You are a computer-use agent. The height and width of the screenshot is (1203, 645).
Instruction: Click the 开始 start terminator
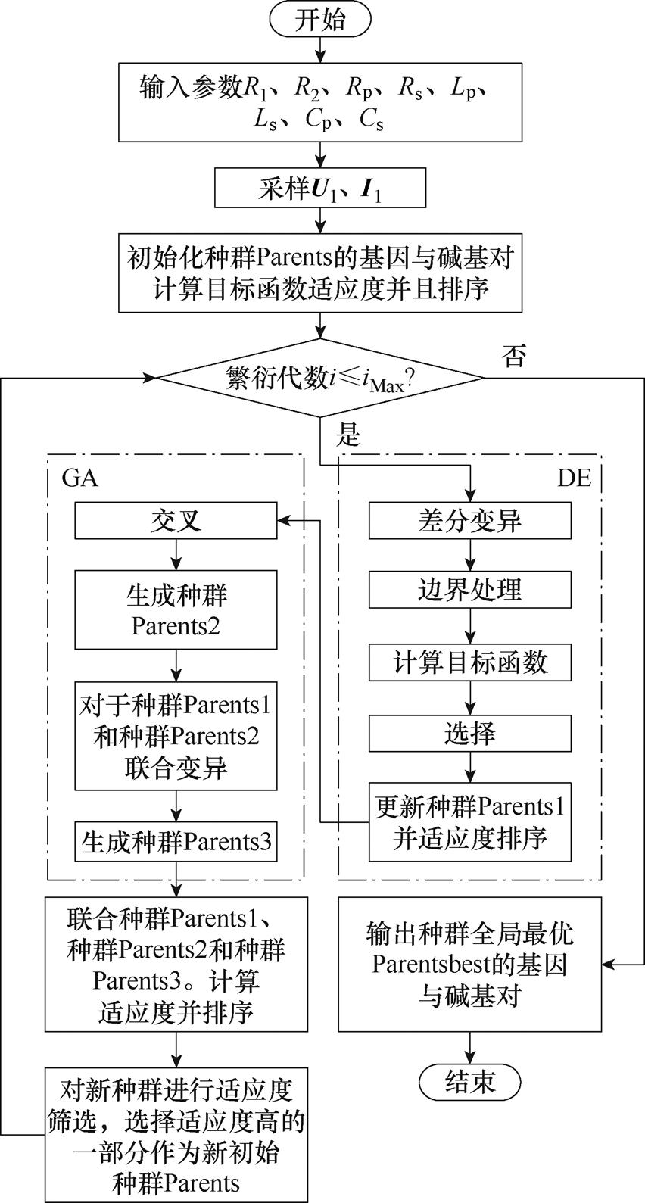[x=320, y=20]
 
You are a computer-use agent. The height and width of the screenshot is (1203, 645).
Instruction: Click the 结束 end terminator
[x=470, y=1080]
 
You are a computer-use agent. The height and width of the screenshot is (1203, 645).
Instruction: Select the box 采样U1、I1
[x=319, y=189]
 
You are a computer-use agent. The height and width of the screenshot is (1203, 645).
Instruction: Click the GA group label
[x=79, y=479]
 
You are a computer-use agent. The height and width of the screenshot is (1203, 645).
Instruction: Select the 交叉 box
[x=176, y=521]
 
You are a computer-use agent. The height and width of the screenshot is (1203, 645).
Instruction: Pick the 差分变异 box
[x=470, y=521]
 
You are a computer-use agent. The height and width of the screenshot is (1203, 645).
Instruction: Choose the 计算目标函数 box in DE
[x=470, y=662]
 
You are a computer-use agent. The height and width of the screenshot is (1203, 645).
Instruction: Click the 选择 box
[x=470, y=733]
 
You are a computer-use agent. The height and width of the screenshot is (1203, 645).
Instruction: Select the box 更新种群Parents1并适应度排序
[x=470, y=821]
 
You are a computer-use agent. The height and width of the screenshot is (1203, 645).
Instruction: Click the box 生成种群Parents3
[x=176, y=841]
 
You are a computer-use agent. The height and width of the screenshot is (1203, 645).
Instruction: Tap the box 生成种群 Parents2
[x=176, y=609]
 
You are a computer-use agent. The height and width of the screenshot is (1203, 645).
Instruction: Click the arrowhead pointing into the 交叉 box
[x=282, y=520]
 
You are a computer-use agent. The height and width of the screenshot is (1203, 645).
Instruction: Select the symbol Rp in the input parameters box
[x=360, y=89]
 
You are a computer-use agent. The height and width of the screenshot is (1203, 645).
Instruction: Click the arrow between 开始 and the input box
[x=320, y=48]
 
